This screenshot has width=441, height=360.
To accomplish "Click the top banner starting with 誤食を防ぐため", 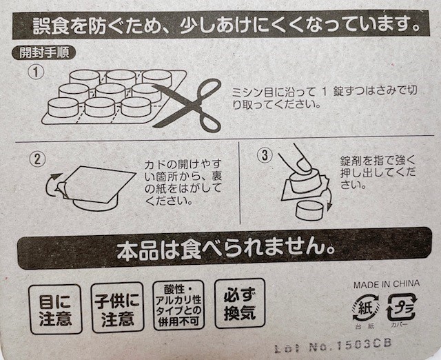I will coord(220,26).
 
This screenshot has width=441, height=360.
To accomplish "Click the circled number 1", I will coord(35,72).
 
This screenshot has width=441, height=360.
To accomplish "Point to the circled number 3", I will coord(263,156).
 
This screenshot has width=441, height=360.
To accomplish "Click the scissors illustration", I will coord(187,103).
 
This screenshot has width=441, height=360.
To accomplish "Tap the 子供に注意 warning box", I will coord(117,308).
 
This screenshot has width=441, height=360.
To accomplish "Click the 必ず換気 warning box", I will coord(239,303).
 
